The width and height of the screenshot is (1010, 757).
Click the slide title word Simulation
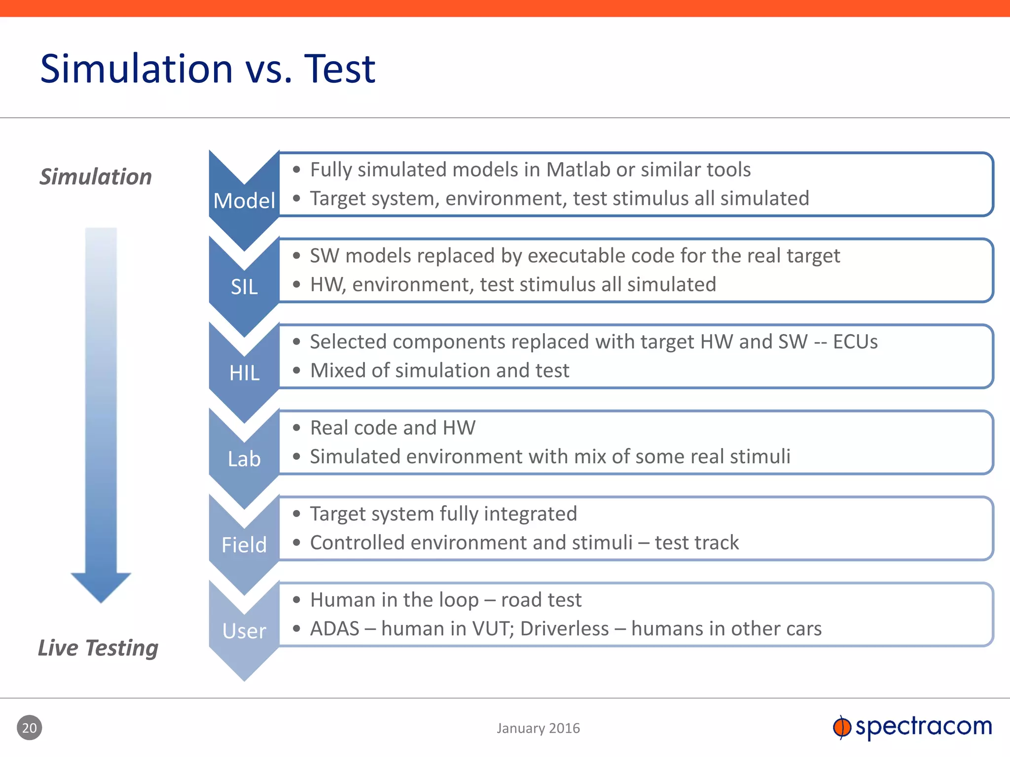click(x=136, y=69)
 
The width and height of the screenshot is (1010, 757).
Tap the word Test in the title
click(x=340, y=69)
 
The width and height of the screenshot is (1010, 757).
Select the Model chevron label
click(x=244, y=201)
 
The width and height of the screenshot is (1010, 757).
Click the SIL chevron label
click(x=244, y=287)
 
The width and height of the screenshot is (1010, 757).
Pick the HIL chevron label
click(x=244, y=373)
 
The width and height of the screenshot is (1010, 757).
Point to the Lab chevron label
click(x=244, y=459)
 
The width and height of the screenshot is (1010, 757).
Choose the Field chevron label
click(x=244, y=545)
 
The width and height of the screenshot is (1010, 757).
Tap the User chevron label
click(x=244, y=631)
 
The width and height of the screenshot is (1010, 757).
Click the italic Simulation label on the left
click(x=96, y=177)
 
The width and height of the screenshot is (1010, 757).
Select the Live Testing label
click(x=98, y=648)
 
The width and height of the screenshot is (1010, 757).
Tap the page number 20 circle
click(x=30, y=728)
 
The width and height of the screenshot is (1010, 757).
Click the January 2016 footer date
click(x=538, y=728)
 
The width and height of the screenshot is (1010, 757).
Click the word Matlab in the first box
click(x=578, y=170)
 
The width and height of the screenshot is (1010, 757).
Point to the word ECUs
click(x=855, y=342)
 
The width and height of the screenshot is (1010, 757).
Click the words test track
click(x=696, y=543)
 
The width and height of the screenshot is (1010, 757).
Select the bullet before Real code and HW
click(x=296, y=428)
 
